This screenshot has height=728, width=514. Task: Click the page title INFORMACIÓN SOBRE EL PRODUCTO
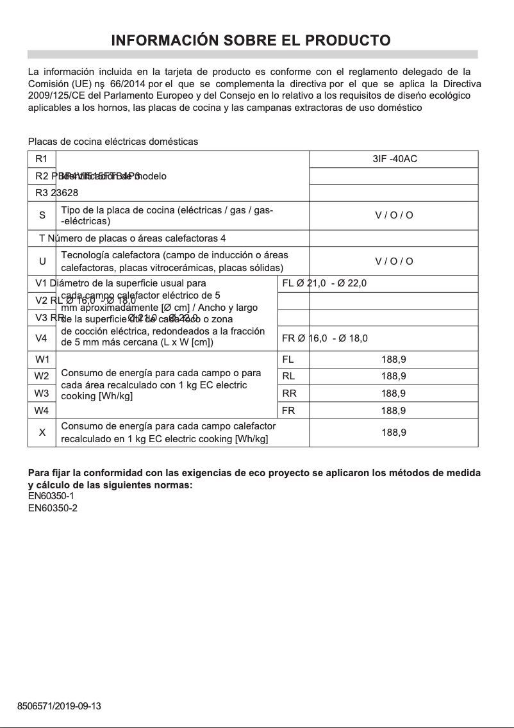(x=251, y=40)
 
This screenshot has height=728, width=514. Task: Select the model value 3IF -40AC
(x=394, y=159)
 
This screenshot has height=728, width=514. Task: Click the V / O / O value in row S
(x=394, y=215)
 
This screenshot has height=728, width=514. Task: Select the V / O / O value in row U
(x=394, y=261)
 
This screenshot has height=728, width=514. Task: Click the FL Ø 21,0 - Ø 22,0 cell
(x=324, y=283)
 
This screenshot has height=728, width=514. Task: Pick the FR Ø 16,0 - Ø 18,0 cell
(x=324, y=338)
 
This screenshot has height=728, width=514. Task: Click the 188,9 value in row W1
(x=394, y=360)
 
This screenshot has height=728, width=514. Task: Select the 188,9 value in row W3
(x=394, y=393)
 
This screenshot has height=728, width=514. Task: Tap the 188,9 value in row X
(x=394, y=433)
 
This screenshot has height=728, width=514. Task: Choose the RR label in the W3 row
(x=289, y=393)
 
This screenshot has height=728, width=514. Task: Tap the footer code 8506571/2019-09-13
(x=60, y=706)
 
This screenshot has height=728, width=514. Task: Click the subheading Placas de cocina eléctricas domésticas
(x=113, y=141)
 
